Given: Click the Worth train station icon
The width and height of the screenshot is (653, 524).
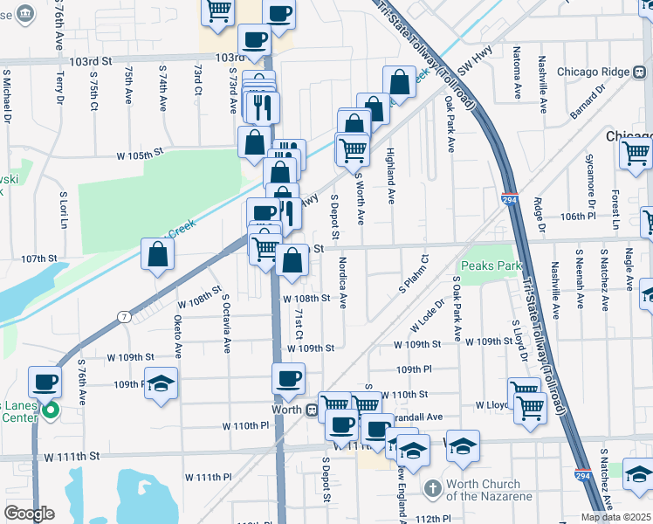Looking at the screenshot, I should tap(311, 410).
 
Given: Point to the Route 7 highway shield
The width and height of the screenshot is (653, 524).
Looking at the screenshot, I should tap(126, 316).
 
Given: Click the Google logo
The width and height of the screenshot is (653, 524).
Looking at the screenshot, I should tap(29, 514).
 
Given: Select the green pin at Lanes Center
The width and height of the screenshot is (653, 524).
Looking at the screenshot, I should tap(51, 410).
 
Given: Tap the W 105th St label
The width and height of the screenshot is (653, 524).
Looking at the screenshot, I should tap(141, 153).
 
